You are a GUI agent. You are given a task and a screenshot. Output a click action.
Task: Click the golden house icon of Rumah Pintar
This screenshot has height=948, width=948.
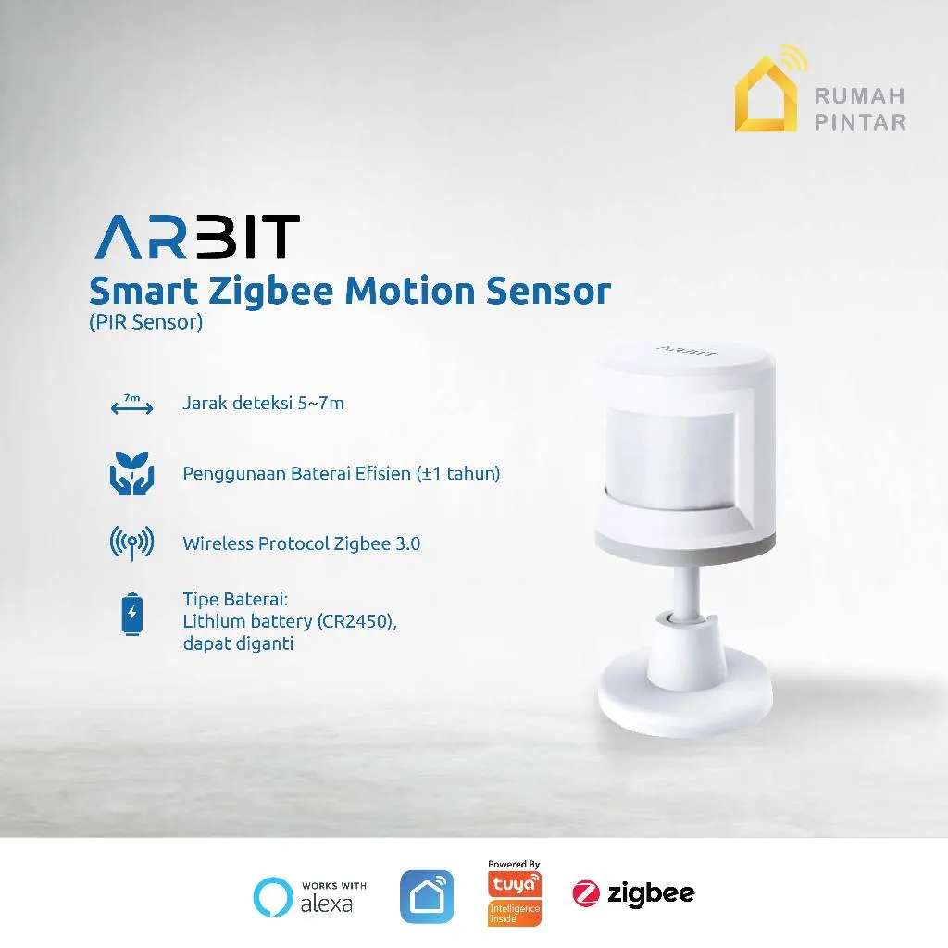pos(766,96)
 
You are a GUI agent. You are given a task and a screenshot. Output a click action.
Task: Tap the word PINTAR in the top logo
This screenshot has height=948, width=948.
pos(860,121)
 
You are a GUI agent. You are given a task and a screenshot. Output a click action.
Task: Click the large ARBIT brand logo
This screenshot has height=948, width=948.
pos(195,237)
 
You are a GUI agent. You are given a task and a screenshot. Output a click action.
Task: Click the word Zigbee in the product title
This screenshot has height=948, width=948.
pos(270,293)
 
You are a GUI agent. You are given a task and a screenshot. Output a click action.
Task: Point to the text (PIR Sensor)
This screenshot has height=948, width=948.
pos(145,324)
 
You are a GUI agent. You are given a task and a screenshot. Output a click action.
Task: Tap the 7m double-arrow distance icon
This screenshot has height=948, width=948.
pos(131,405)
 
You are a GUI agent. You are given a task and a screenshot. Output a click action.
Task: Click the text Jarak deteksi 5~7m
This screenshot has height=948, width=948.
pos(264,404)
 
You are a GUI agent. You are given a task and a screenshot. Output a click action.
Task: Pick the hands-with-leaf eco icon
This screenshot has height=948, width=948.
pos(131,474)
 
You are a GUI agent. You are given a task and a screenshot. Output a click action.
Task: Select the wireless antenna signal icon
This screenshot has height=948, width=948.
pos(131,543)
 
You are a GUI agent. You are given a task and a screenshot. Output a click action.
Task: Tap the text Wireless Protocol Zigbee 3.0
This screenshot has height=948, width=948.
pos(302,543)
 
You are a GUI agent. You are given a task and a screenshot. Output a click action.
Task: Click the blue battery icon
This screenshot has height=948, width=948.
pos(132,615)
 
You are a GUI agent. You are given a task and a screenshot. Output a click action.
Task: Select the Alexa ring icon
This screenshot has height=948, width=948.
pos(273,896)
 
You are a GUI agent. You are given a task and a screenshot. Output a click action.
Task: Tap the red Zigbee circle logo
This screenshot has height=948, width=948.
pos(586,894)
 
